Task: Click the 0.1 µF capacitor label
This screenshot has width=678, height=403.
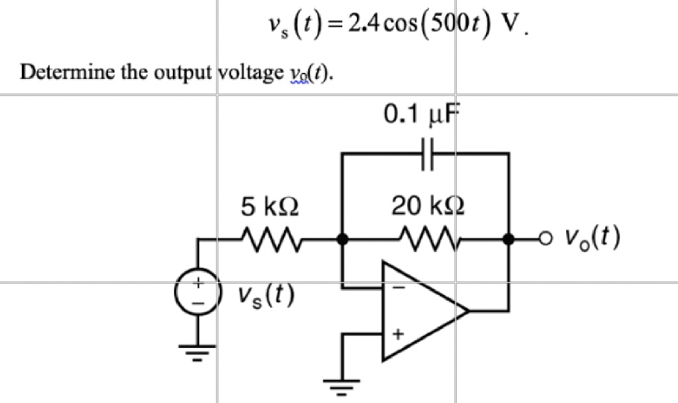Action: pyautogui.click(x=421, y=116)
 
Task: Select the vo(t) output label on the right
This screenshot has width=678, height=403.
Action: pyautogui.click(x=592, y=238)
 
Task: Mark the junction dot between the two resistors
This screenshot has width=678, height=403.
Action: pyautogui.click(x=342, y=239)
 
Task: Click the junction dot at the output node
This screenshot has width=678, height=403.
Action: pyautogui.click(x=508, y=239)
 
